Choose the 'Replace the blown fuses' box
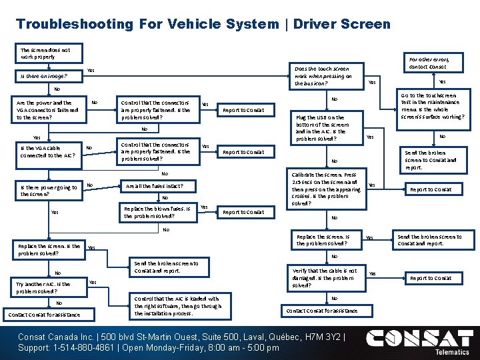(x=158, y=212)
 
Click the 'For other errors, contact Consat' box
(x=429, y=63)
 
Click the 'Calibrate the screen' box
(x=327, y=189)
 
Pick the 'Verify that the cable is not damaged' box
(x=326, y=278)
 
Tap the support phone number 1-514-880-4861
(x=74, y=348)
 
